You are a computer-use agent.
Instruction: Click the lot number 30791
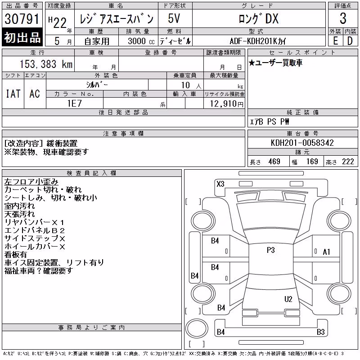tap(22, 19)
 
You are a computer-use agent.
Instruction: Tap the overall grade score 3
tap(343, 18)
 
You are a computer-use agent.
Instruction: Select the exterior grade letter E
tap(335, 41)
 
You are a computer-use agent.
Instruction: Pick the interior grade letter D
tap(350, 41)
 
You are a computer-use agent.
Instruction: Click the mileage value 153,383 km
tap(46, 64)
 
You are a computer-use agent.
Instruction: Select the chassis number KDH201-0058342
tap(302, 143)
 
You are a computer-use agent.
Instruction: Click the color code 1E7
tap(74, 103)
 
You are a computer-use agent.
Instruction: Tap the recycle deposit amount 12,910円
tap(227, 104)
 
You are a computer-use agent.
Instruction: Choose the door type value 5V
tap(174, 18)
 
